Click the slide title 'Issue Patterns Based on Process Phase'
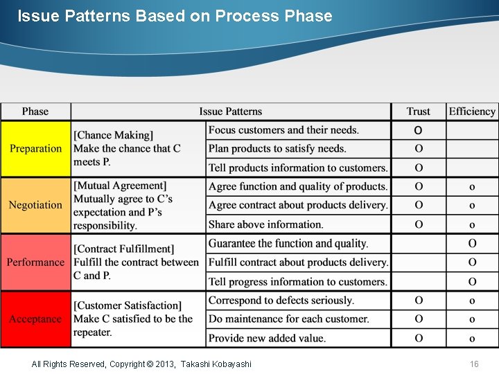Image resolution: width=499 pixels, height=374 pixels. (x=175, y=16)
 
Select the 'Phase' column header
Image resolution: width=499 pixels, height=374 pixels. (x=35, y=112)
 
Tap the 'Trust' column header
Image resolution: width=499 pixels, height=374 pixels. (x=418, y=112)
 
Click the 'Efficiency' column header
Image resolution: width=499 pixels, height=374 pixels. (x=472, y=112)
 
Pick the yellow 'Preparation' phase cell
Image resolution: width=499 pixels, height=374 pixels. (x=35, y=149)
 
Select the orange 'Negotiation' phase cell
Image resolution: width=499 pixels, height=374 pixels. (x=35, y=205)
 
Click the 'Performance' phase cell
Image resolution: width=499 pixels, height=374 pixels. (x=35, y=262)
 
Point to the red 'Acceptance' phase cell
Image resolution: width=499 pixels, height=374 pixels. (x=35, y=319)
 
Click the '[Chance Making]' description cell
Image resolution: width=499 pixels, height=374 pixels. (x=138, y=149)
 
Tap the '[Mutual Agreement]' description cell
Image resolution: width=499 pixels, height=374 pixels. (x=138, y=205)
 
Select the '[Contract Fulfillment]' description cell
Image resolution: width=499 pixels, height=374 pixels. (x=138, y=262)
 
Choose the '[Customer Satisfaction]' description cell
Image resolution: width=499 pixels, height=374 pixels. (x=138, y=319)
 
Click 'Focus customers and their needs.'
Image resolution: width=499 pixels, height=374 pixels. (x=283, y=130)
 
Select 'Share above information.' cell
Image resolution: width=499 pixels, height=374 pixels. (x=266, y=224)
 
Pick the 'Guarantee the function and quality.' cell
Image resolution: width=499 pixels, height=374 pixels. (x=288, y=244)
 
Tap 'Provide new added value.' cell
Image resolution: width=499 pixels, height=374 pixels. (x=267, y=338)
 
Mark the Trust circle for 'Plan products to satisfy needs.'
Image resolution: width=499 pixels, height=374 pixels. (x=419, y=149)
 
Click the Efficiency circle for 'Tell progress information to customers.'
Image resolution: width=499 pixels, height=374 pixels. (x=472, y=282)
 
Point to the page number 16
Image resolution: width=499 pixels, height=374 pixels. (x=474, y=364)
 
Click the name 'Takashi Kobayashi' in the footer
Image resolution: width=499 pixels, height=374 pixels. (x=216, y=364)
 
